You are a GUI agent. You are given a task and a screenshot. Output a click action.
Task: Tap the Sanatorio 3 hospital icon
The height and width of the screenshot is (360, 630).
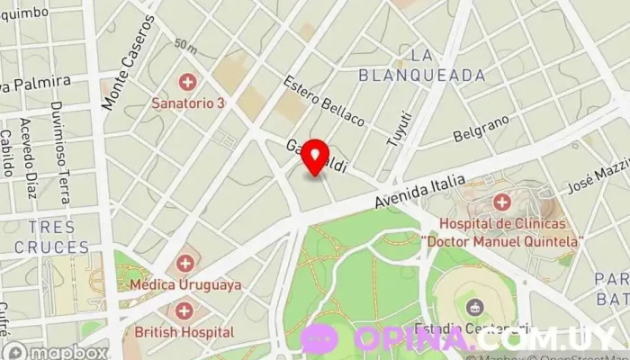pyautogui.click(x=188, y=83)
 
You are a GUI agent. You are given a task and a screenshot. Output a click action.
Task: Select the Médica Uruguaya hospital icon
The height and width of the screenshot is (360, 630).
pyautogui.click(x=185, y=264)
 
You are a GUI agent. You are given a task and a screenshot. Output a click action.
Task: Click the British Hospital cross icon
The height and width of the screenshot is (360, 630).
pyautogui.click(x=184, y=311)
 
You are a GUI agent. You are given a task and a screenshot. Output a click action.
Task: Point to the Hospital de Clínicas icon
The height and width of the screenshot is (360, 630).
pyautogui.click(x=501, y=202)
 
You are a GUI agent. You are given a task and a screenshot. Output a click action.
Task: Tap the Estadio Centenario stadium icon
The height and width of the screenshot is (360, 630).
pyautogui.click(x=474, y=308)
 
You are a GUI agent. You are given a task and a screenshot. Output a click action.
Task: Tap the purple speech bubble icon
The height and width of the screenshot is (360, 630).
pyautogui.click(x=319, y=339)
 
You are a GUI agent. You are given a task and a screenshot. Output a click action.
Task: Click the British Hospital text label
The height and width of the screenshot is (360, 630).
pyautogui.click(x=184, y=332)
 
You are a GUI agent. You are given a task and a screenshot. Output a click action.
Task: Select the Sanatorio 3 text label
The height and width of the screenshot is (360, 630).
pyautogui.click(x=188, y=103)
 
